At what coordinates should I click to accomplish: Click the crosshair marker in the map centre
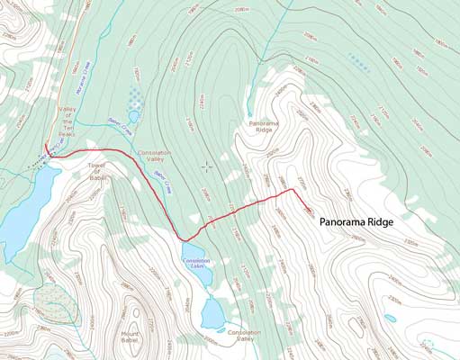207,166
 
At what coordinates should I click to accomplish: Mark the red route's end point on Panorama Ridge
314,213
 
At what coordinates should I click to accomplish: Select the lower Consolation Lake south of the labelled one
213,313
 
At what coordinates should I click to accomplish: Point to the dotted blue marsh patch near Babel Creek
134,94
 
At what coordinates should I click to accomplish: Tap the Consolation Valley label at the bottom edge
243,336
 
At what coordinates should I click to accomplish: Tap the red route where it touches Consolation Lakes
185,239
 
